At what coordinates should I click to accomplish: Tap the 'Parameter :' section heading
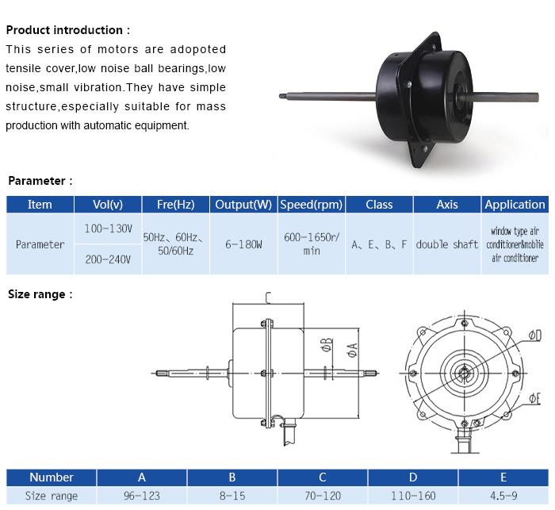point(40,181)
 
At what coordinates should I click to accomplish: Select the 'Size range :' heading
point(40,294)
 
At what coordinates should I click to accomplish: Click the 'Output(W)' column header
point(243,205)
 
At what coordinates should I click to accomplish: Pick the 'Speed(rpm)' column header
point(312,205)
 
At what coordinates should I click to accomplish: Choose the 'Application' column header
point(515,205)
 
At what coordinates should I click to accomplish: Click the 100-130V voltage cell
point(108,228)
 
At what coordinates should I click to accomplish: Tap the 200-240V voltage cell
point(108,259)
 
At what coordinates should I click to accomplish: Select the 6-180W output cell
point(243,244)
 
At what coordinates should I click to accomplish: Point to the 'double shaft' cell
point(446,244)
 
